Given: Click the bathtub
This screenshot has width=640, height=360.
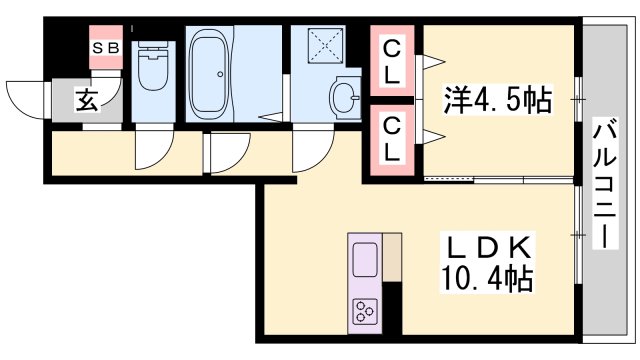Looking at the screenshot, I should pyautogui.click(x=211, y=66).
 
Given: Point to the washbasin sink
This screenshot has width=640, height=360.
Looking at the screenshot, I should pyautogui.click(x=345, y=97).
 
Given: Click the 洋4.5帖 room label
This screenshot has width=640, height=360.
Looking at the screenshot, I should pyautogui.click(x=497, y=99).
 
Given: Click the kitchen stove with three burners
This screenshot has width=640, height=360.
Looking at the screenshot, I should pyautogui.click(x=364, y=313).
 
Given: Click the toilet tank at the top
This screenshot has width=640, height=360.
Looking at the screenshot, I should pyautogui.click(x=153, y=46).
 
